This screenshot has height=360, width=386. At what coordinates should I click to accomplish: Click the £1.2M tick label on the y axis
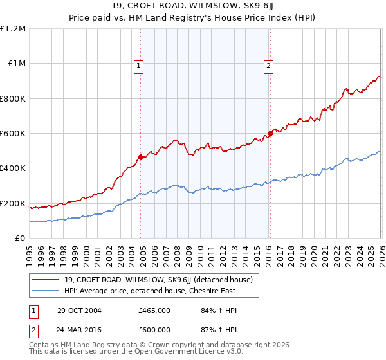(x=14, y=29)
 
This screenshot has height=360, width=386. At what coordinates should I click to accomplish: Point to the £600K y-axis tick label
(x=14, y=134)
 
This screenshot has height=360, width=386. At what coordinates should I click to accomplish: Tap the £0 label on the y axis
(x=21, y=239)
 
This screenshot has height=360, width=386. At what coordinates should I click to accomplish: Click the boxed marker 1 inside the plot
(x=139, y=65)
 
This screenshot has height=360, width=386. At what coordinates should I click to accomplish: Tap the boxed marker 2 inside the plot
(x=268, y=65)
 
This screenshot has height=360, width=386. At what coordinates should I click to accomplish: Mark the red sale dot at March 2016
(x=270, y=134)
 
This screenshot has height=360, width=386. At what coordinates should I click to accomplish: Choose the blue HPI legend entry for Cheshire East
(x=150, y=291)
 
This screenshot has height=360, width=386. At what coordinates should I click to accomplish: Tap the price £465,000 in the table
(x=154, y=310)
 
